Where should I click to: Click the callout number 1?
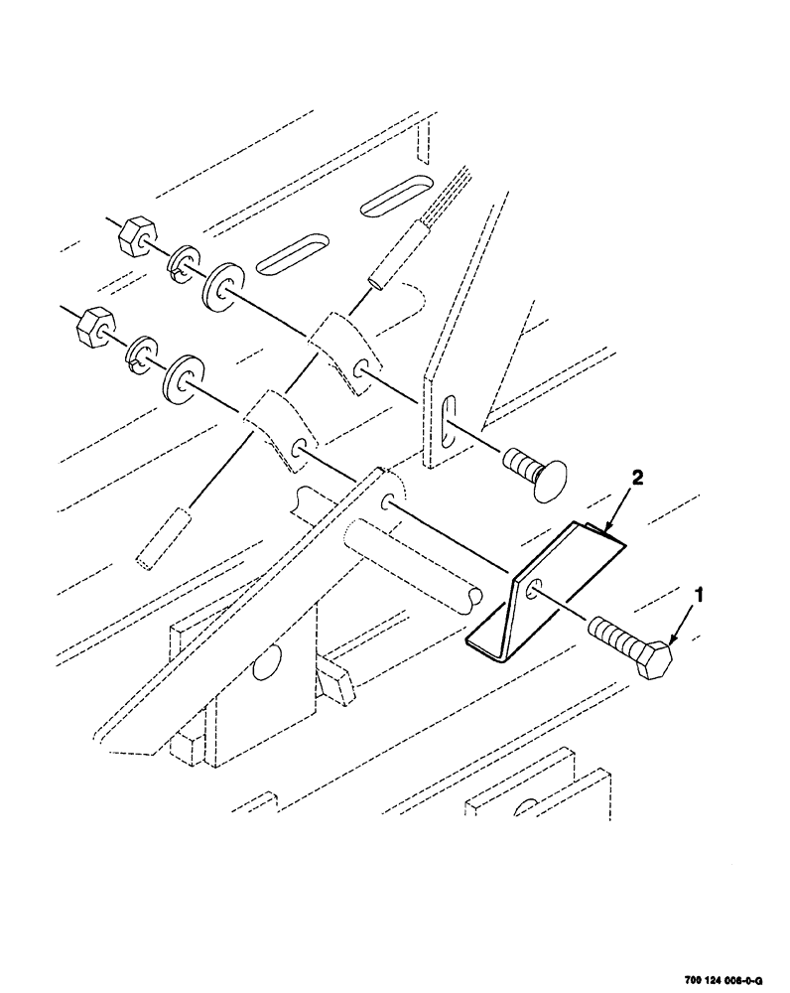click(x=699, y=596)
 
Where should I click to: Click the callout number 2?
click(x=637, y=479)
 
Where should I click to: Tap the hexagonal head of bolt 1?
click(x=655, y=659)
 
